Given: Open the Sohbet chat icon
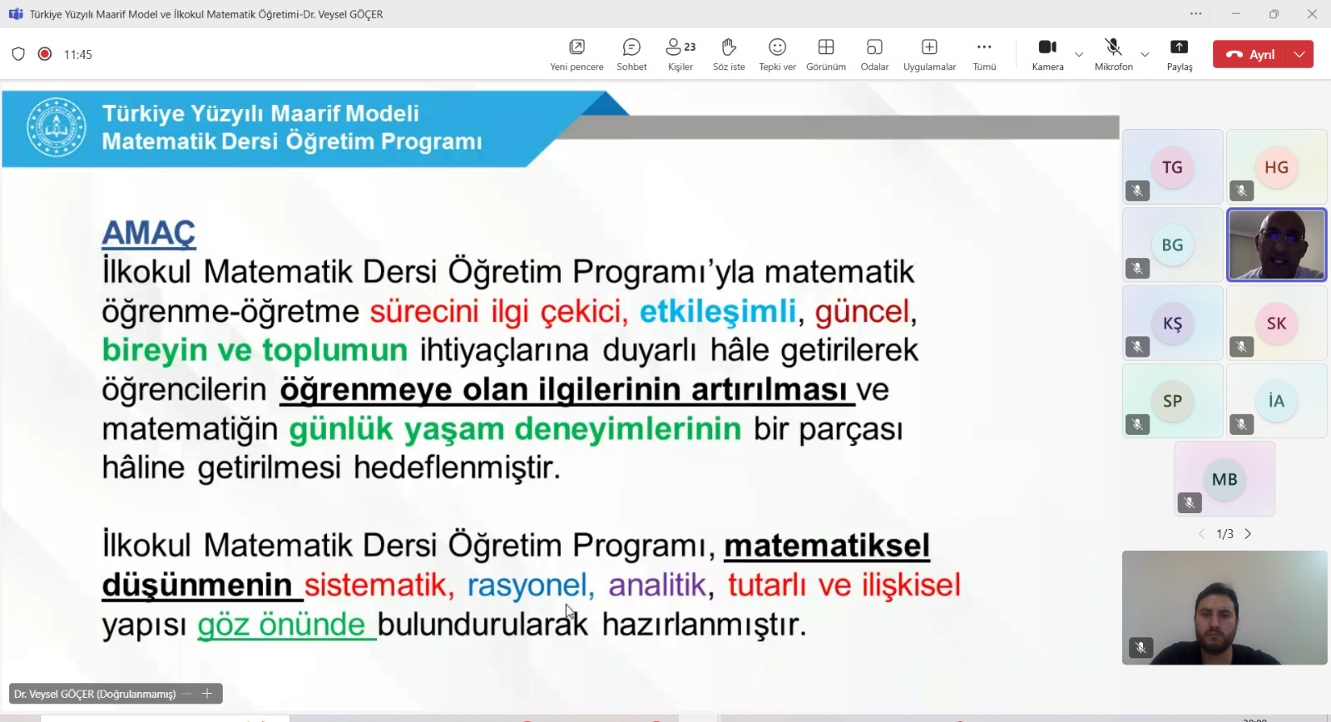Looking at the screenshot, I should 631,47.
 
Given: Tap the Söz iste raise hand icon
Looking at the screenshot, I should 729,47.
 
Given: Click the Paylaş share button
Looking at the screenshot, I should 1179,47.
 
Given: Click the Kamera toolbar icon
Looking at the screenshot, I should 1047,47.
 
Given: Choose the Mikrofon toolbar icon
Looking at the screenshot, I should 1113,47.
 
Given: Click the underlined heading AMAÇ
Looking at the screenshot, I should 148,233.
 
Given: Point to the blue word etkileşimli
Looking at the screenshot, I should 717,311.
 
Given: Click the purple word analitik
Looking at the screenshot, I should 657,585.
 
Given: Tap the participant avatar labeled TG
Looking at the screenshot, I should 1172,167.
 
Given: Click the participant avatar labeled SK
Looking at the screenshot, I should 1276,324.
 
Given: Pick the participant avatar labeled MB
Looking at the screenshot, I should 1225,479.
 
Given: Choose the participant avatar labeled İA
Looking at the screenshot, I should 1276,401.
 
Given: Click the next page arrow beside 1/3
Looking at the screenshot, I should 1248,534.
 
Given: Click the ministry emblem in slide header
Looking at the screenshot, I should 57,127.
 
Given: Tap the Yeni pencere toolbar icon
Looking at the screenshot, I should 576,47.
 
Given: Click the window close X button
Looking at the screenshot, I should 1312,14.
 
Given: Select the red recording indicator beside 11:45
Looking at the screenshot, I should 45,54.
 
